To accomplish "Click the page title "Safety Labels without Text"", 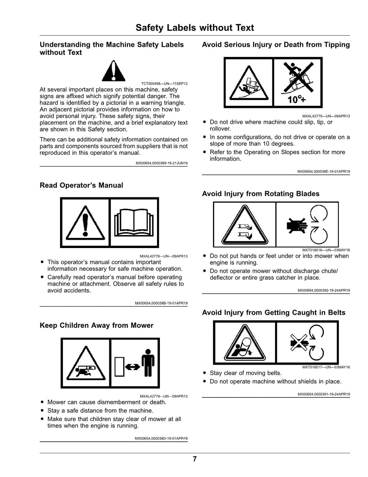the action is click(195, 28).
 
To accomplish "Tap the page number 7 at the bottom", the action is click(195, 459).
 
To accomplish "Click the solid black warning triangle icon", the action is click(114, 71).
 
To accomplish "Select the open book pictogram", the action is click(134, 223).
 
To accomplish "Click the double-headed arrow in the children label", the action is click(133, 366).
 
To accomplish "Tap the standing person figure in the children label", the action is click(148, 363).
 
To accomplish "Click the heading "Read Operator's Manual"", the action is click(81, 185).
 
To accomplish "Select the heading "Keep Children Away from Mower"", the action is click(97, 325).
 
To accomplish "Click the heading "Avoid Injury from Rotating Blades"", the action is click(261, 194).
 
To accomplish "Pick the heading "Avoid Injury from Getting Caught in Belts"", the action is click(273, 312).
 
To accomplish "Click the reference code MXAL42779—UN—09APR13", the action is click(326, 116).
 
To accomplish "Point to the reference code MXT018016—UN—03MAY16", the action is click(326, 250).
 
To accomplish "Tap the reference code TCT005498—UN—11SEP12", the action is click(164, 84).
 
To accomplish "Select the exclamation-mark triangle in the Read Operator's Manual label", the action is click(86, 223).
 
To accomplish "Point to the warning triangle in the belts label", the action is click(245, 343).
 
